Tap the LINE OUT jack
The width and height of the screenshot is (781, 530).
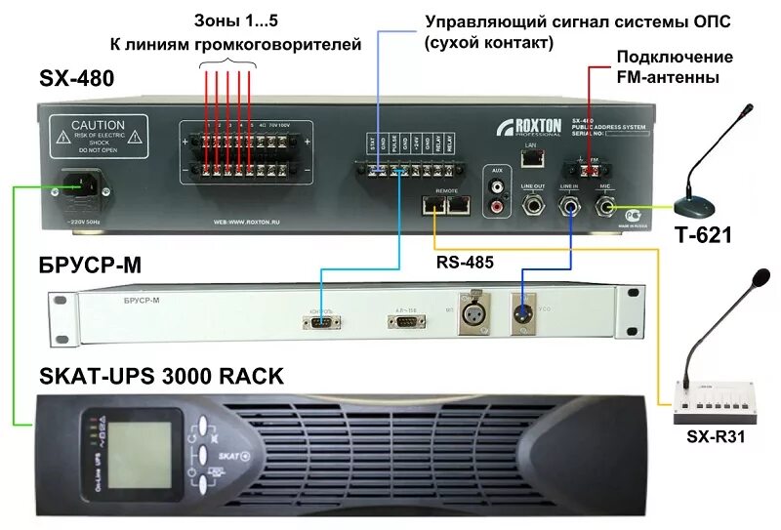[x=533, y=204]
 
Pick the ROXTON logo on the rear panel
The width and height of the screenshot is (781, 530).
[x=528, y=127]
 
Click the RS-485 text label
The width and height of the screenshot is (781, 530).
[x=464, y=262]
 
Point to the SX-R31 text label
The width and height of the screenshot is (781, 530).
[x=718, y=436]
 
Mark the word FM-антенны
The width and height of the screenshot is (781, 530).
[x=673, y=76]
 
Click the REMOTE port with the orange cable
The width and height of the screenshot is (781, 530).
[x=432, y=204]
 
